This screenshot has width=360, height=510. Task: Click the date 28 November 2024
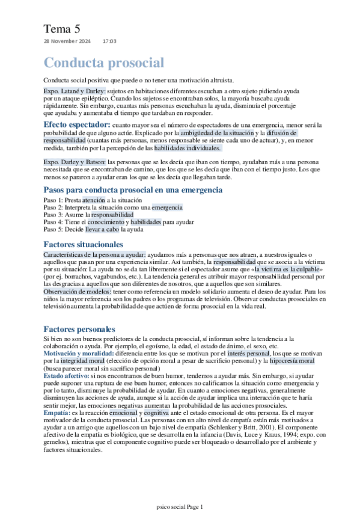(67, 41)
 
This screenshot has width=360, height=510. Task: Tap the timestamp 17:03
(109, 41)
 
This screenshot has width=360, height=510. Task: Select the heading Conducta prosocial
(103, 63)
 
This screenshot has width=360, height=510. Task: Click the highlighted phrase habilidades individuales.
(188, 147)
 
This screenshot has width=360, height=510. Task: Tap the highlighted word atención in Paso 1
(93, 199)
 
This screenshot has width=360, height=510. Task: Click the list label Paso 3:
(54, 214)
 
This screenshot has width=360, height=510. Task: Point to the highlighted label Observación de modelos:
(78, 292)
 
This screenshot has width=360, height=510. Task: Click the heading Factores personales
(79, 330)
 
